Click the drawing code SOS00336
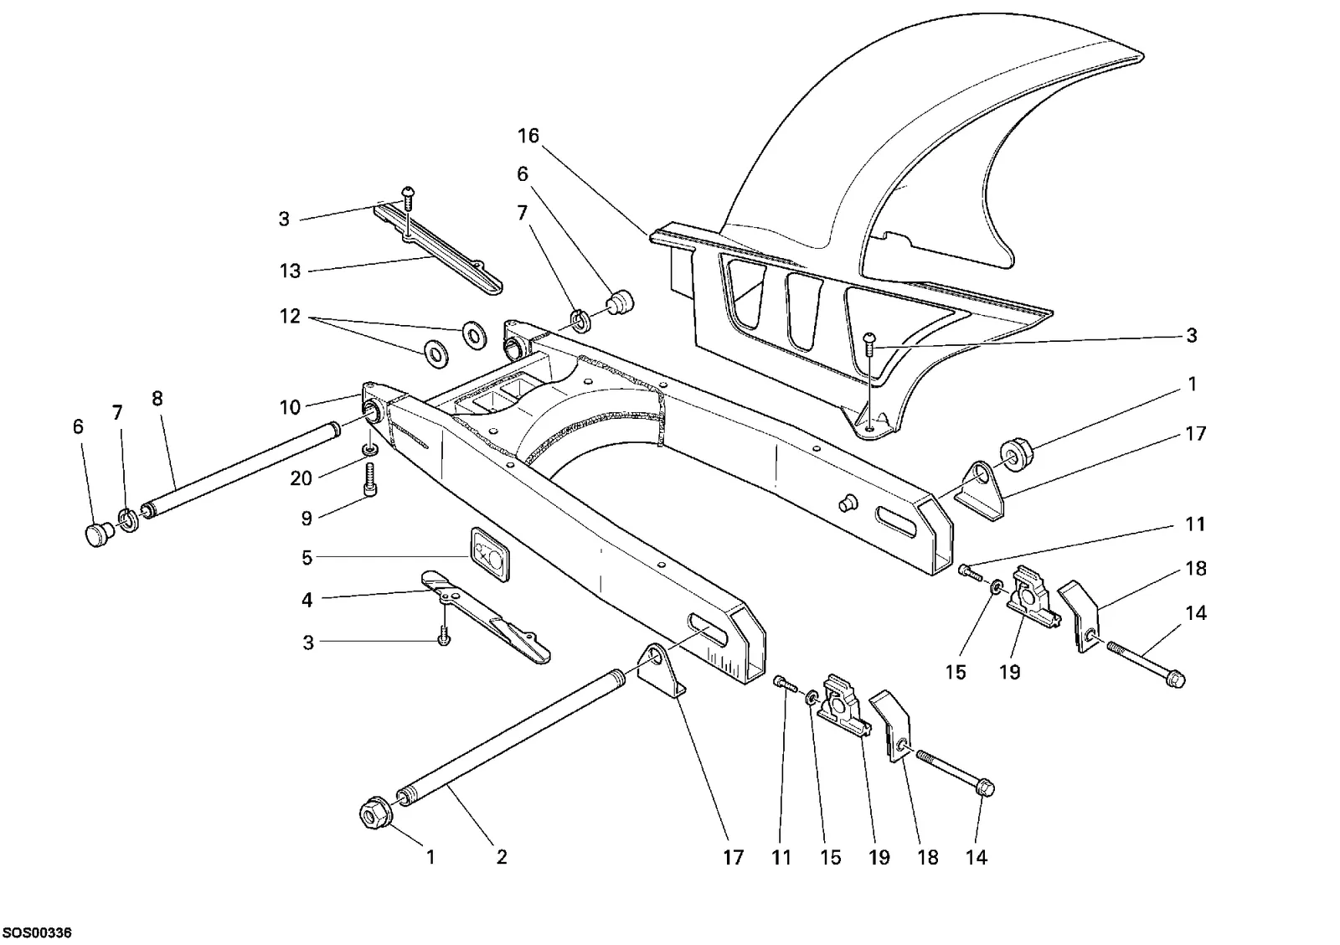click(37, 932)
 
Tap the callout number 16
click(528, 136)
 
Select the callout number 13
click(290, 271)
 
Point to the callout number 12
click(290, 316)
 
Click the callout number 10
click(290, 407)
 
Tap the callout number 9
click(307, 518)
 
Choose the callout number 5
click(307, 558)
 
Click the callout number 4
click(307, 599)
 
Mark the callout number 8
click(157, 399)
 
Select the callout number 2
click(502, 857)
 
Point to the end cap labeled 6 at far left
click(97, 534)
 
